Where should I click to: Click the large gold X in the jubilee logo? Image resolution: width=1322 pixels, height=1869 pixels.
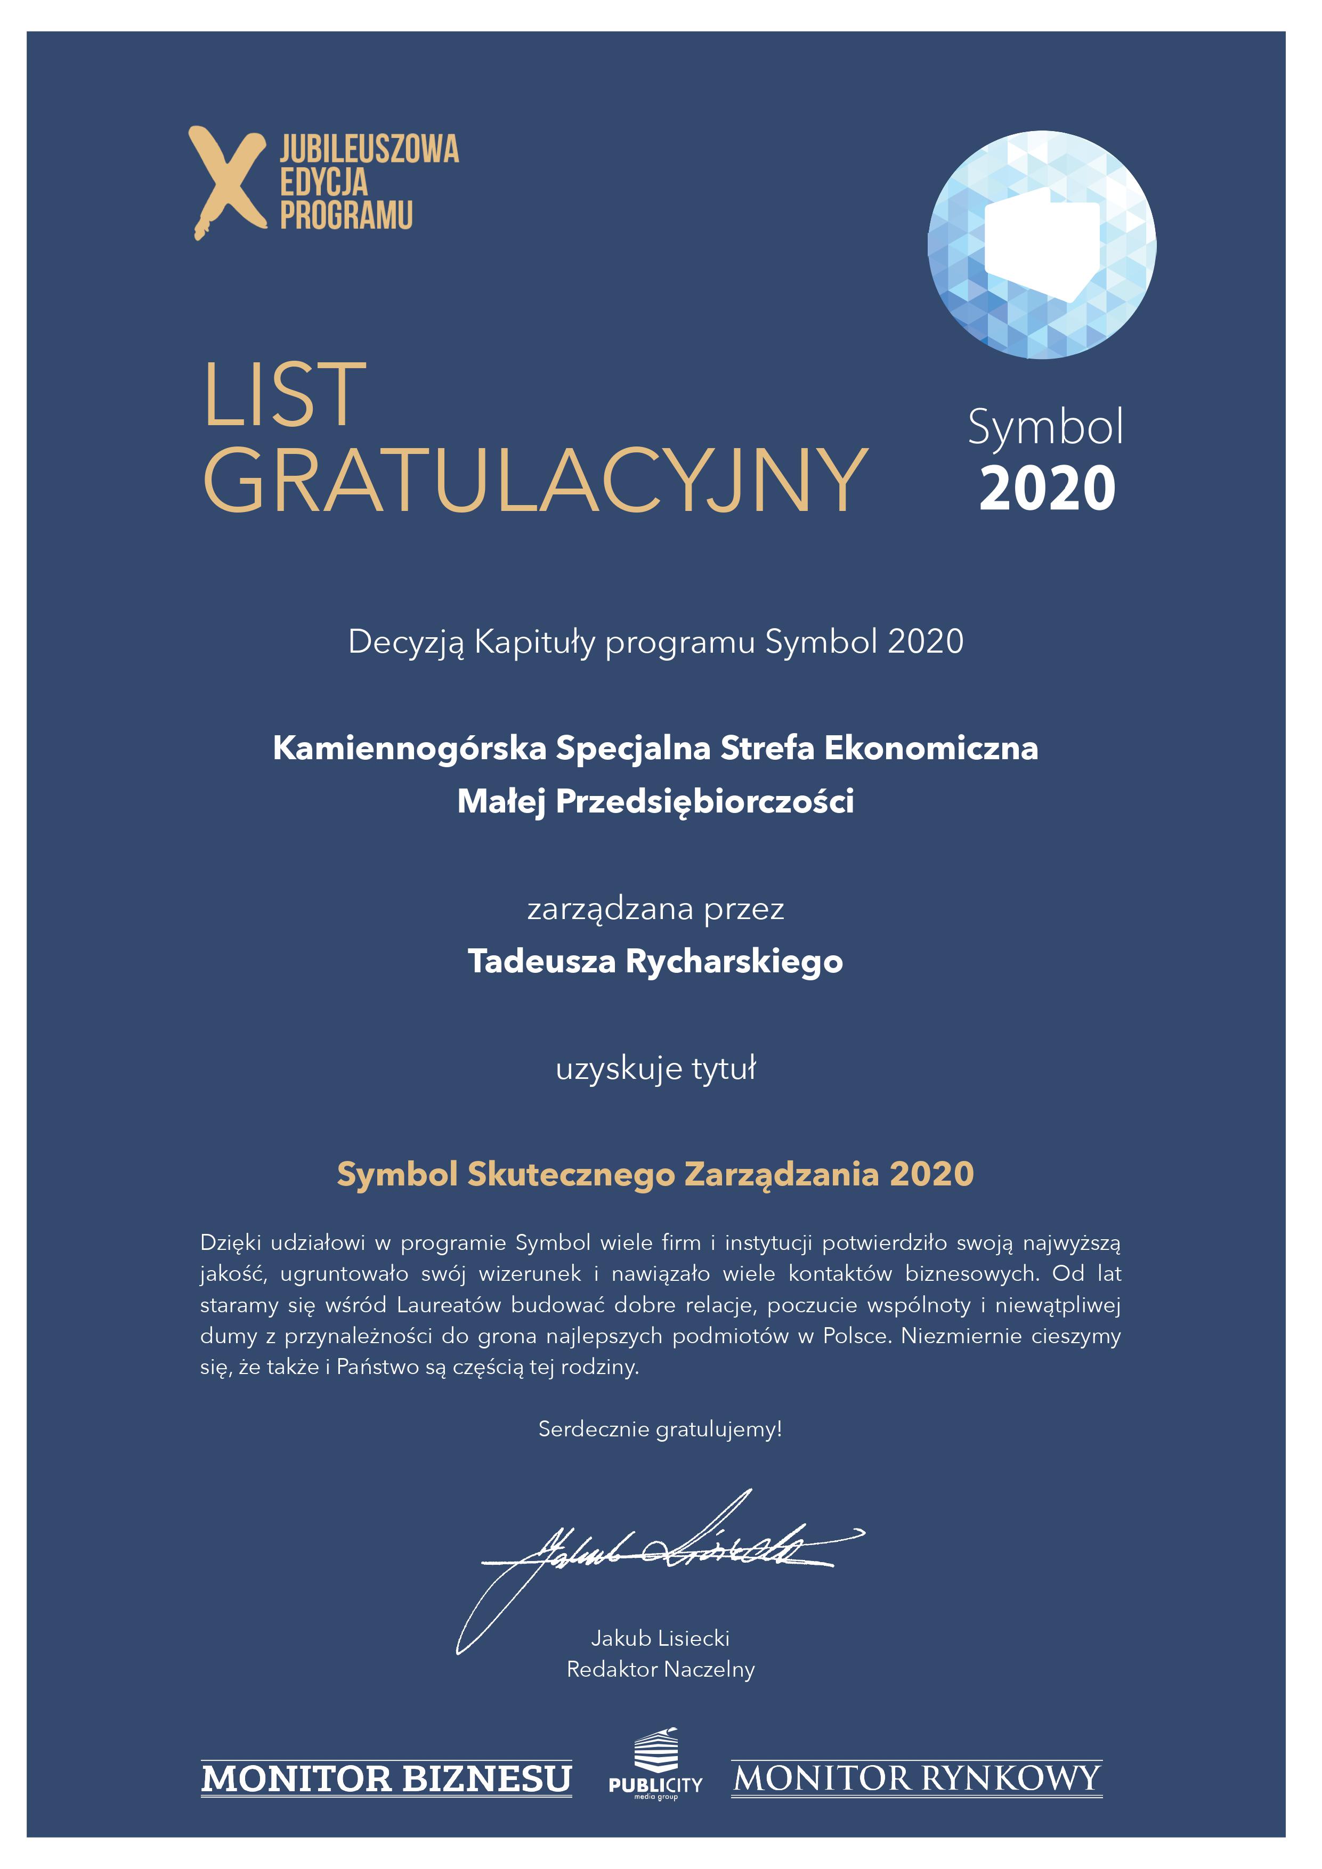tap(227, 182)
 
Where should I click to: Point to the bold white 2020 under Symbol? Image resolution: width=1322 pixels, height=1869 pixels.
tap(1047, 489)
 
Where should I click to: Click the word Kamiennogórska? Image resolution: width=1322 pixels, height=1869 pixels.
tap(409, 748)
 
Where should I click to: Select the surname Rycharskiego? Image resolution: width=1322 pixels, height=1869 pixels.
tap(733, 961)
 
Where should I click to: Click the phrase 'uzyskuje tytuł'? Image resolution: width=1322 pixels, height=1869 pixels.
tap(656, 1068)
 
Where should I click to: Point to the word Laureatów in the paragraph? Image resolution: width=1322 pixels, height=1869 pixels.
tap(449, 1305)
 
